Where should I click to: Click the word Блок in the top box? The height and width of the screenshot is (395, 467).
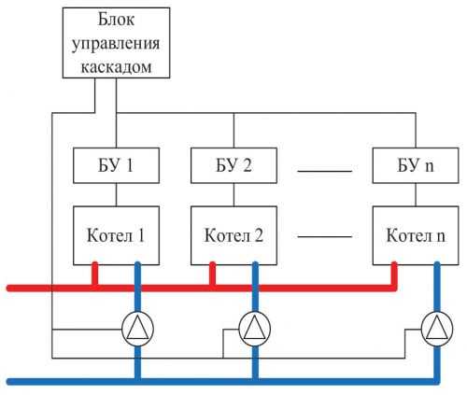pos(117,20)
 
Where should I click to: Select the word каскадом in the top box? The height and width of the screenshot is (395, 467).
pos(117,66)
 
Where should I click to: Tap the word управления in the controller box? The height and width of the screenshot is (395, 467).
pos(116,44)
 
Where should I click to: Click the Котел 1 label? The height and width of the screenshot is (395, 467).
pos(116,235)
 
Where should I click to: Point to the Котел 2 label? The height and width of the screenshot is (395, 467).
pos(233,235)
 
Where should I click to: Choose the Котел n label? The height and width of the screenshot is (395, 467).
pos(416,235)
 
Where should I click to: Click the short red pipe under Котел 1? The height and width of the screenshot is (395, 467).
pos(95,274)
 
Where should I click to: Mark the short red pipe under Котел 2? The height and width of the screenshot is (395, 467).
pos(212,274)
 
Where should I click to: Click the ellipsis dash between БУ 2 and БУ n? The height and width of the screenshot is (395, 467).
pos(325,171)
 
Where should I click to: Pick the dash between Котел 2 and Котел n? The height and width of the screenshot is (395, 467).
pos(325,236)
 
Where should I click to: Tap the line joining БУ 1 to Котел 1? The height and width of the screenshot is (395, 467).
pos(116,194)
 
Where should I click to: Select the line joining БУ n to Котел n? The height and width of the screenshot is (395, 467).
pos(416,194)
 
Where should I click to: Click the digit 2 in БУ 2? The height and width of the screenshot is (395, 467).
pos(247,165)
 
